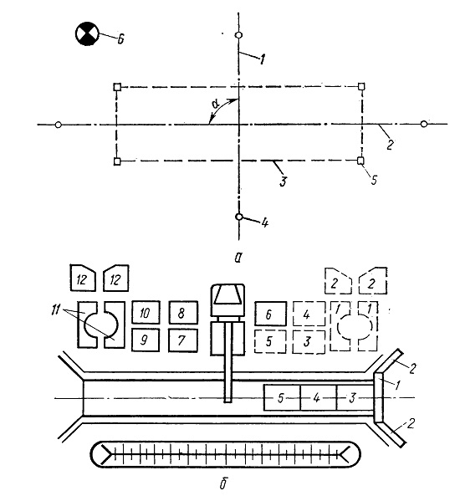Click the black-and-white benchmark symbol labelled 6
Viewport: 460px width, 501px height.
(x=87, y=33)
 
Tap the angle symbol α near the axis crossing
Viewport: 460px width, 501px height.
(x=215, y=104)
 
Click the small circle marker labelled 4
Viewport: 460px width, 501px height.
(x=238, y=217)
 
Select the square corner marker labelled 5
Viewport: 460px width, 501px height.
(x=360, y=161)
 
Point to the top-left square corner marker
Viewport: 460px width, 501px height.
(x=117, y=87)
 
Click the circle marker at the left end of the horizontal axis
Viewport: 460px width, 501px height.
(x=59, y=125)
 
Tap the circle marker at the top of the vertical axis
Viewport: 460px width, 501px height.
(x=238, y=35)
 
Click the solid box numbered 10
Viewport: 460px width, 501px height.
(x=146, y=312)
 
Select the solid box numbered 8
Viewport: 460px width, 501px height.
(x=183, y=312)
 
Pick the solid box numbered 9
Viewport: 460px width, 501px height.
(x=146, y=340)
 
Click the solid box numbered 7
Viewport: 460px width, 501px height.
(x=183, y=340)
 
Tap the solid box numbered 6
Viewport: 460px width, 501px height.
(x=270, y=314)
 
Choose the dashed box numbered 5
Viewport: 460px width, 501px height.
(x=270, y=341)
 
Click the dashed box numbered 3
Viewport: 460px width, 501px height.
(x=309, y=342)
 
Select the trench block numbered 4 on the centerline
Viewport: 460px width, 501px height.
(x=318, y=398)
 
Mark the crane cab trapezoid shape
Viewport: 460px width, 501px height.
(x=227, y=295)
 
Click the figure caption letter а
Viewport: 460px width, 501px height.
(x=237, y=258)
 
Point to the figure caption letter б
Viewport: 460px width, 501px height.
(x=223, y=483)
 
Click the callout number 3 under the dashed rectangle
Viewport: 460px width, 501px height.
(x=283, y=181)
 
